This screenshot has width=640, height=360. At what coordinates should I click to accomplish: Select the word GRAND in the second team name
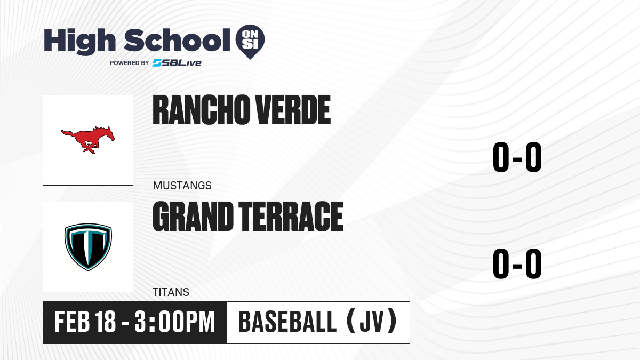(x=193, y=217)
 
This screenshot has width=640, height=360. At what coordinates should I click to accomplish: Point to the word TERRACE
(x=291, y=217)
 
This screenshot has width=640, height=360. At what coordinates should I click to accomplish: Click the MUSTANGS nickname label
(x=182, y=186)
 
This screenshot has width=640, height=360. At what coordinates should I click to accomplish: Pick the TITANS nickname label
(x=171, y=292)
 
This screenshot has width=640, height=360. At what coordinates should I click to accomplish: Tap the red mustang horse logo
(x=88, y=140)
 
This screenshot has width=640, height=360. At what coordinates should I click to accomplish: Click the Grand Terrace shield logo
(x=88, y=247)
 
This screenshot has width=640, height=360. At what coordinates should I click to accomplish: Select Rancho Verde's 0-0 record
(x=517, y=157)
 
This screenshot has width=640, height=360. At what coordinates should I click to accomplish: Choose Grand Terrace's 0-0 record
(x=517, y=263)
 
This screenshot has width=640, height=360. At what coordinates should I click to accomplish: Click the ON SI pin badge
(x=250, y=42)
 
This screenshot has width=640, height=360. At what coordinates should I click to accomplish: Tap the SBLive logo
(x=177, y=63)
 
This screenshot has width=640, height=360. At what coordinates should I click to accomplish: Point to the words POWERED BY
(x=130, y=63)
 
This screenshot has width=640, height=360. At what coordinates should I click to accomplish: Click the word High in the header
(x=79, y=42)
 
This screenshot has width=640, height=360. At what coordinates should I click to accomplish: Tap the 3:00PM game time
(x=174, y=322)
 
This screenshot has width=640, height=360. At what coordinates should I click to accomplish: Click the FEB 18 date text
(x=85, y=322)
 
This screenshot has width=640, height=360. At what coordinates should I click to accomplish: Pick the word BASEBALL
(x=287, y=322)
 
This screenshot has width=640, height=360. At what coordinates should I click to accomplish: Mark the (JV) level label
(x=372, y=321)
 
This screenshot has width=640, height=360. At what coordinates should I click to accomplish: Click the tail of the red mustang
(x=67, y=133)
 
